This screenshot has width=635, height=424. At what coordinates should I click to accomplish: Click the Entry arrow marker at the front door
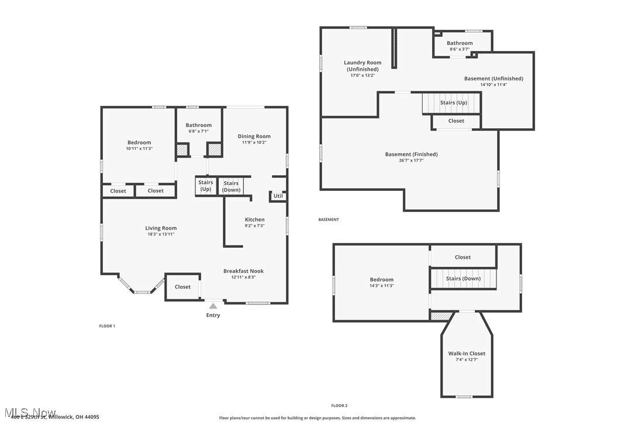(213, 306)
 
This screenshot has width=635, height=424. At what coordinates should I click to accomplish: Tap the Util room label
(278, 196)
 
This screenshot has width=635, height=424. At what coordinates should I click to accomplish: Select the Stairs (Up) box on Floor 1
(206, 186)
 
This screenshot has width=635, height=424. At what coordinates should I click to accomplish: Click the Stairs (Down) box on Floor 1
(231, 186)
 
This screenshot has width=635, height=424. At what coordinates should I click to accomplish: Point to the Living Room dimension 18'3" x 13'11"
(161, 234)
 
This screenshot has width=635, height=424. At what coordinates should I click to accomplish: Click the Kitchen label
(254, 220)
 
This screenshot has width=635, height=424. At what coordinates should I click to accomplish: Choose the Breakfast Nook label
(243, 271)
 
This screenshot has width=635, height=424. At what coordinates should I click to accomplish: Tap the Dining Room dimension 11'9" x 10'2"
(254, 142)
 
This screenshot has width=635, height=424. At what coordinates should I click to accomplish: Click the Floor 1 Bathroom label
(199, 125)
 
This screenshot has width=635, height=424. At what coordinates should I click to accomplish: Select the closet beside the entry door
(182, 287)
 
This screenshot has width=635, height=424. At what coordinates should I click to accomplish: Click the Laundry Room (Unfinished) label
(363, 66)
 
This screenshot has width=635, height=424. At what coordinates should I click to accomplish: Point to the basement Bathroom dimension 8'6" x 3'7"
(460, 49)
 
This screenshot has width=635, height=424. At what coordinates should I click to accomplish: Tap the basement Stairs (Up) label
(454, 102)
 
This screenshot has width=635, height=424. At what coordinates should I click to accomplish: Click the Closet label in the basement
(456, 121)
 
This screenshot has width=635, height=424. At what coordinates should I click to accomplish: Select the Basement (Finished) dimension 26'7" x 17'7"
(411, 160)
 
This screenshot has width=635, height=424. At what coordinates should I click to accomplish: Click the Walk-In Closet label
(467, 354)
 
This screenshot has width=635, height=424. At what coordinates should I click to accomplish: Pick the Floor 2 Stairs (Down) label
(463, 278)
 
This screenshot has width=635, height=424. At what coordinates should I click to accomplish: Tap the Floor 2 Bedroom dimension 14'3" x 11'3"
(381, 286)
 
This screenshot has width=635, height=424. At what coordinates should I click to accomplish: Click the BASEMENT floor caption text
(329, 220)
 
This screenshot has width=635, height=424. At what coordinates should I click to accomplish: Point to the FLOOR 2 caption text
(339, 405)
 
